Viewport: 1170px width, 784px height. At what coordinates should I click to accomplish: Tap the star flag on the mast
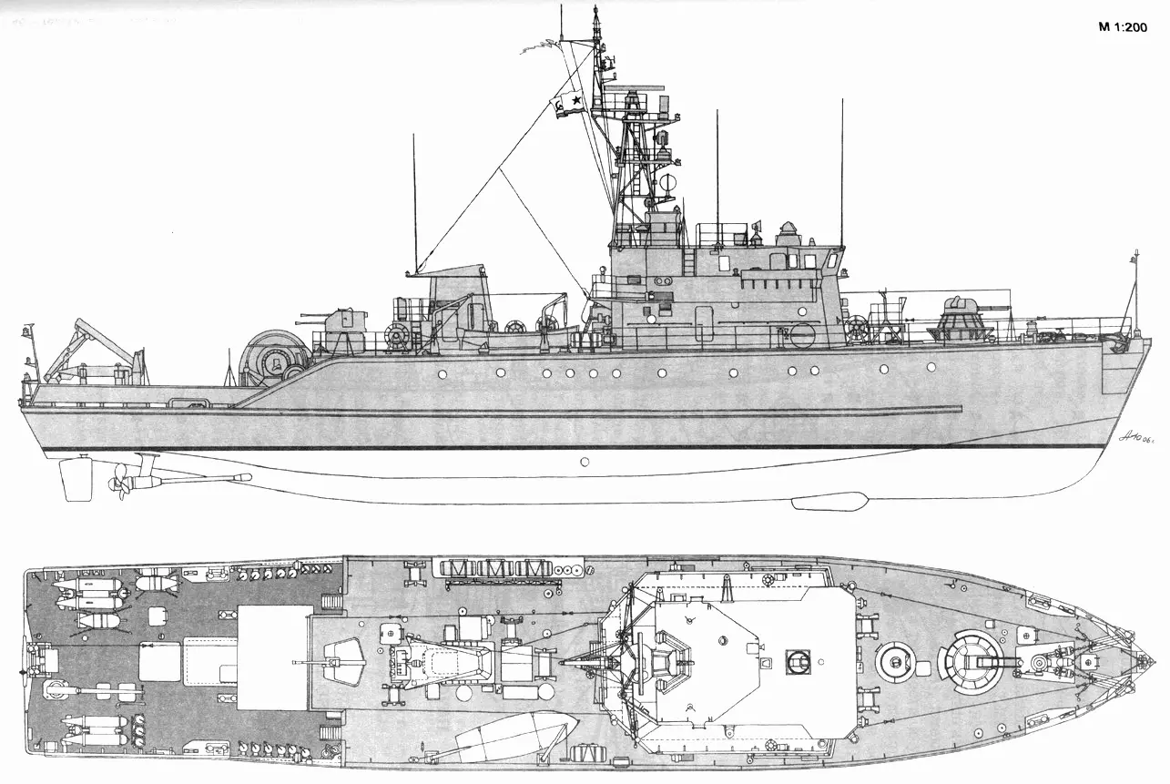point(568,104)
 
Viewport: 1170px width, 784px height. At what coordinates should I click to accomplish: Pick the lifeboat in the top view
point(514,737)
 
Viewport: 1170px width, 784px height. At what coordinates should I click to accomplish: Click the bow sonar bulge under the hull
point(829,500)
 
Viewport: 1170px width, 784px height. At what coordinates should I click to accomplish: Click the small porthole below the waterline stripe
point(585,462)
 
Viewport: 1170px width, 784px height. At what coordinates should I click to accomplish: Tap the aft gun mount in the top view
point(338,658)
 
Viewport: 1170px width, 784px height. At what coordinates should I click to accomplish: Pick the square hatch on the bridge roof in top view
point(798,658)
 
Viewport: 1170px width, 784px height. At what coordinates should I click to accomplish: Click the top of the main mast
point(596,11)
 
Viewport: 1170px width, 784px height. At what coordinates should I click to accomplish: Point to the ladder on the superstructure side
point(689,259)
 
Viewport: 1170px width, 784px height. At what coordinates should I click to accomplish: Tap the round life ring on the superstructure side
point(802,334)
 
